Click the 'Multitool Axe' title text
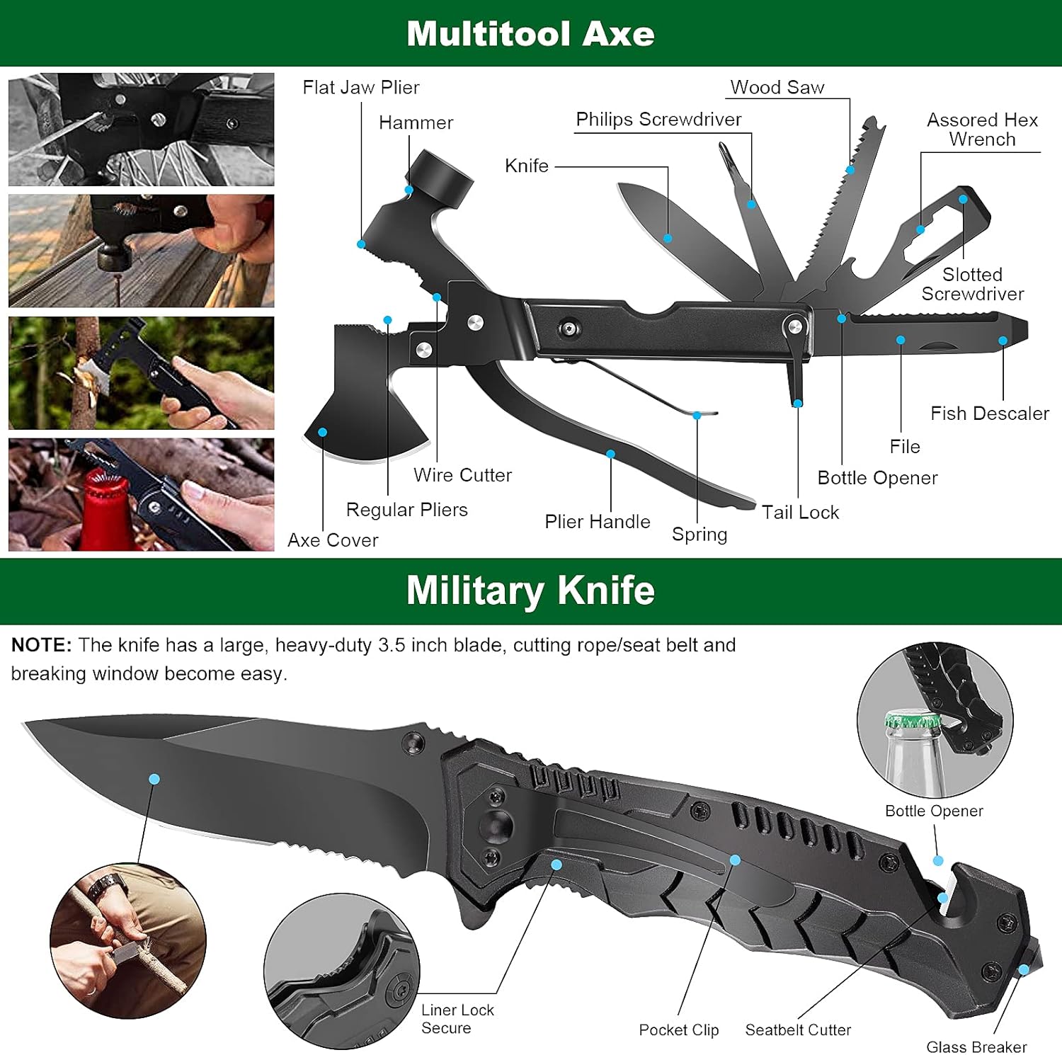tap(530, 33)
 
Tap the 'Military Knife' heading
tap(530, 590)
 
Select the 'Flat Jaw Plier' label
tap(361, 87)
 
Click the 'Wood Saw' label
tap(777, 87)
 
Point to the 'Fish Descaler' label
tap(989, 414)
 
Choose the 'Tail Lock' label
tap(800, 512)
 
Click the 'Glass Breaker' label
tap(976, 1047)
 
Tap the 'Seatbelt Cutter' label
tap(798, 1030)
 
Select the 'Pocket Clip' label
tap(678, 1030)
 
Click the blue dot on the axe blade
tap(323, 432)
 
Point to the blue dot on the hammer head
tap(409, 190)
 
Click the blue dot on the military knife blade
tap(154, 779)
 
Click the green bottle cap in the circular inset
tap(912, 721)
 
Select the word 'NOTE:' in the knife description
tap(41, 645)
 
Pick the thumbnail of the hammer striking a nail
tap(142, 251)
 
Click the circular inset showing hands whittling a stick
tap(128, 940)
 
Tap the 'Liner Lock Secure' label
tap(457, 1019)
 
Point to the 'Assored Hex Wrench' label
tap(982, 130)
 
